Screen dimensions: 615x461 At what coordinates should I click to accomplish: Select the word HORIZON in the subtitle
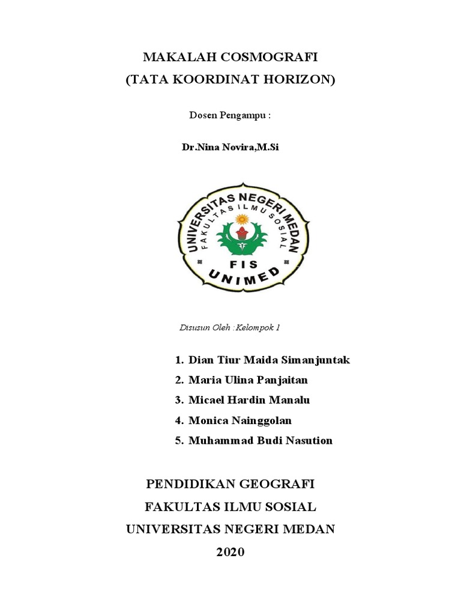pyautogui.click(x=300, y=80)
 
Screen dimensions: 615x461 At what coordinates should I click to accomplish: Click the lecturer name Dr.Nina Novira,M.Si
pyautogui.click(x=230, y=147)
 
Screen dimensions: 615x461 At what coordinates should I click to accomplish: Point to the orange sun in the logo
pyautogui.click(x=243, y=219)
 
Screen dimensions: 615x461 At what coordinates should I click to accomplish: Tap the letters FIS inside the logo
pyautogui.click(x=243, y=264)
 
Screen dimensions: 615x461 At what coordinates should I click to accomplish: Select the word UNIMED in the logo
pyautogui.click(x=244, y=278)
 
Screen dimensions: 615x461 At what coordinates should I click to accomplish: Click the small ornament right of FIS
pyautogui.click(x=286, y=262)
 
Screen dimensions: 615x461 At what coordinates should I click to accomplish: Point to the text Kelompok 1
pyautogui.click(x=258, y=328)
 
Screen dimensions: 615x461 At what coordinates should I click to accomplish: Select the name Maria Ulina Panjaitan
pyautogui.click(x=248, y=380)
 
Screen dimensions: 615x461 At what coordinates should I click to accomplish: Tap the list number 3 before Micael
pyautogui.click(x=178, y=400)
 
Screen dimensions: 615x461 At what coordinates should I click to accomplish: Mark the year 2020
pyautogui.click(x=230, y=552)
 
